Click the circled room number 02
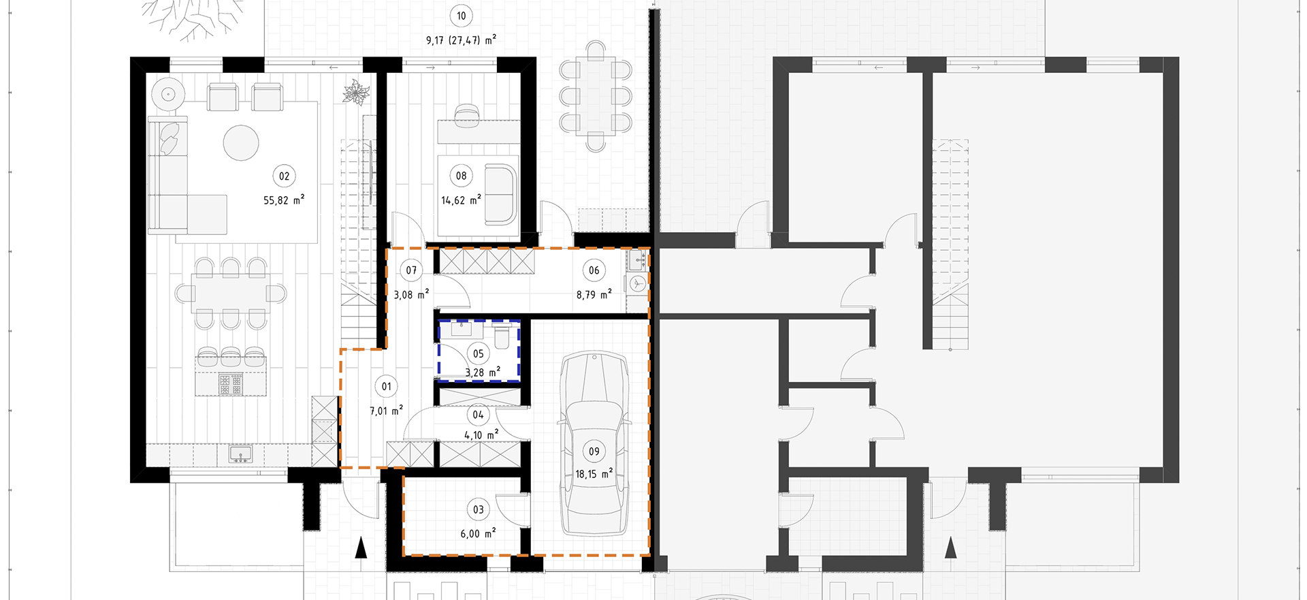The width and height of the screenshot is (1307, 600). click(284, 176)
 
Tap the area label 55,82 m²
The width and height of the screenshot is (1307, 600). click(284, 200)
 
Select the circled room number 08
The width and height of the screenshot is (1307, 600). click(462, 176)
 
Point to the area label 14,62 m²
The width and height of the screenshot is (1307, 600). click(462, 200)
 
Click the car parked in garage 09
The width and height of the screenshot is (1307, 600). click(594, 443)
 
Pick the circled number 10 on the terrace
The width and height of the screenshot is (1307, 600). click(462, 16)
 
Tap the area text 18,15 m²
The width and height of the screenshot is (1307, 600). click(594, 474)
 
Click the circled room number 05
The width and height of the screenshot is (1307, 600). click(479, 353)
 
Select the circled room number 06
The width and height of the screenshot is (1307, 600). click(594, 270)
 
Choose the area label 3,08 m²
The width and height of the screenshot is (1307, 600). click(412, 295)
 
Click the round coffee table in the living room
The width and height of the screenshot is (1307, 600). click(241, 143)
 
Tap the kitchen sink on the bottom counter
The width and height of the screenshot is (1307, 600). click(240, 454)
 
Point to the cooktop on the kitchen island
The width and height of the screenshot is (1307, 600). click(230, 383)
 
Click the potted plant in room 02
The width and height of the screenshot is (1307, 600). click(355, 92)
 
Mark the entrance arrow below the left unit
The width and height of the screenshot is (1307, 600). click(361, 547)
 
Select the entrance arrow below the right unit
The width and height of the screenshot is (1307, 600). click(951, 547)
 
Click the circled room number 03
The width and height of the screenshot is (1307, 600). click(479, 509)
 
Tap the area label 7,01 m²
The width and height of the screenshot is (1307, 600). click(387, 411)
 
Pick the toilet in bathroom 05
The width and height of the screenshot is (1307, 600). click(502, 336)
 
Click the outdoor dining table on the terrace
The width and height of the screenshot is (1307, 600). click(596, 96)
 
